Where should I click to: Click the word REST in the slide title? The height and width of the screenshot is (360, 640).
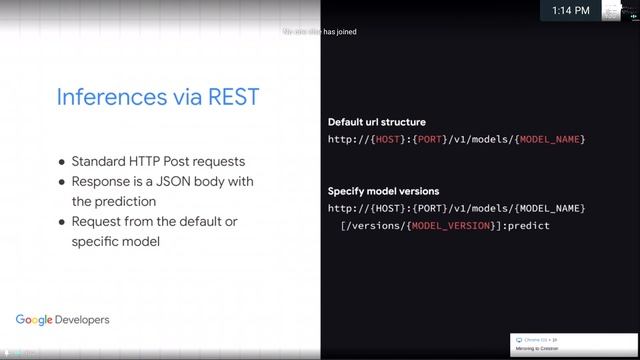coord(231,98)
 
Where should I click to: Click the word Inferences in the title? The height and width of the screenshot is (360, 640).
coord(104,98)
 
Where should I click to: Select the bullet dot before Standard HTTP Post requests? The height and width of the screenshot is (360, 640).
coord(62,162)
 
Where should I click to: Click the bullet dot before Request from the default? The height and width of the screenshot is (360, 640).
coord(62,221)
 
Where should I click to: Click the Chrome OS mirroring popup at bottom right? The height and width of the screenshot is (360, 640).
coord(571,344)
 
